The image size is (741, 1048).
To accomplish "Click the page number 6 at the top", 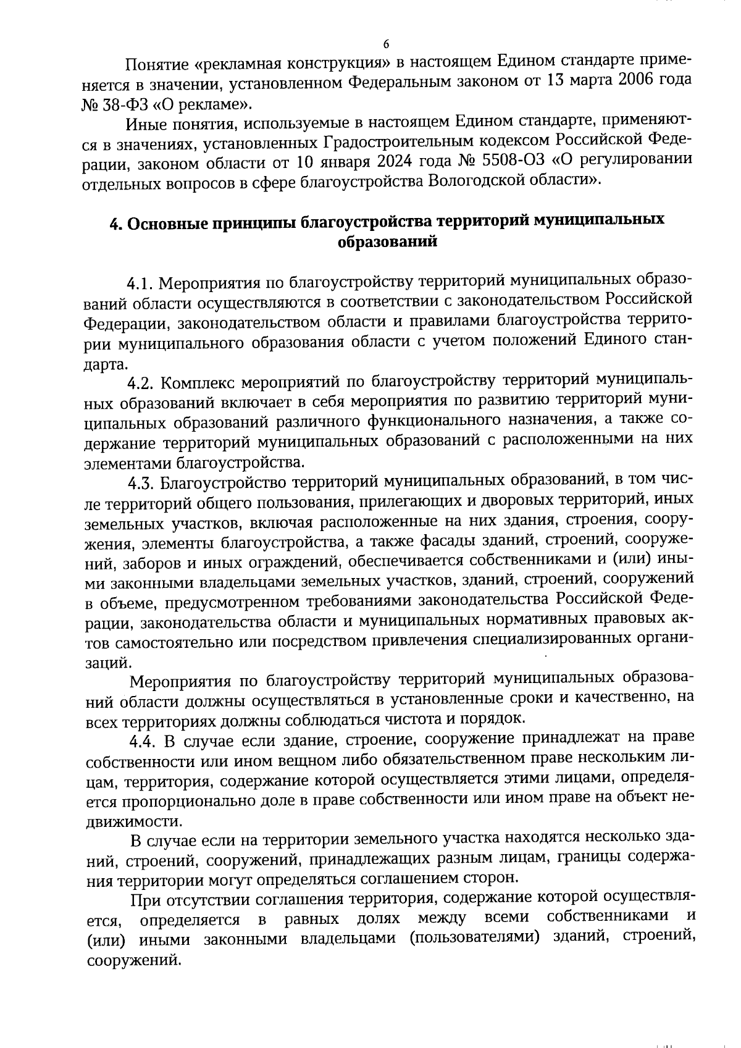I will (x=386, y=44).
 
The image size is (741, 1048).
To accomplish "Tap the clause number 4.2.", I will (x=141, y=382).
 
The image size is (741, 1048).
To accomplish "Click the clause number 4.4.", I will (x=141, y=739).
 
